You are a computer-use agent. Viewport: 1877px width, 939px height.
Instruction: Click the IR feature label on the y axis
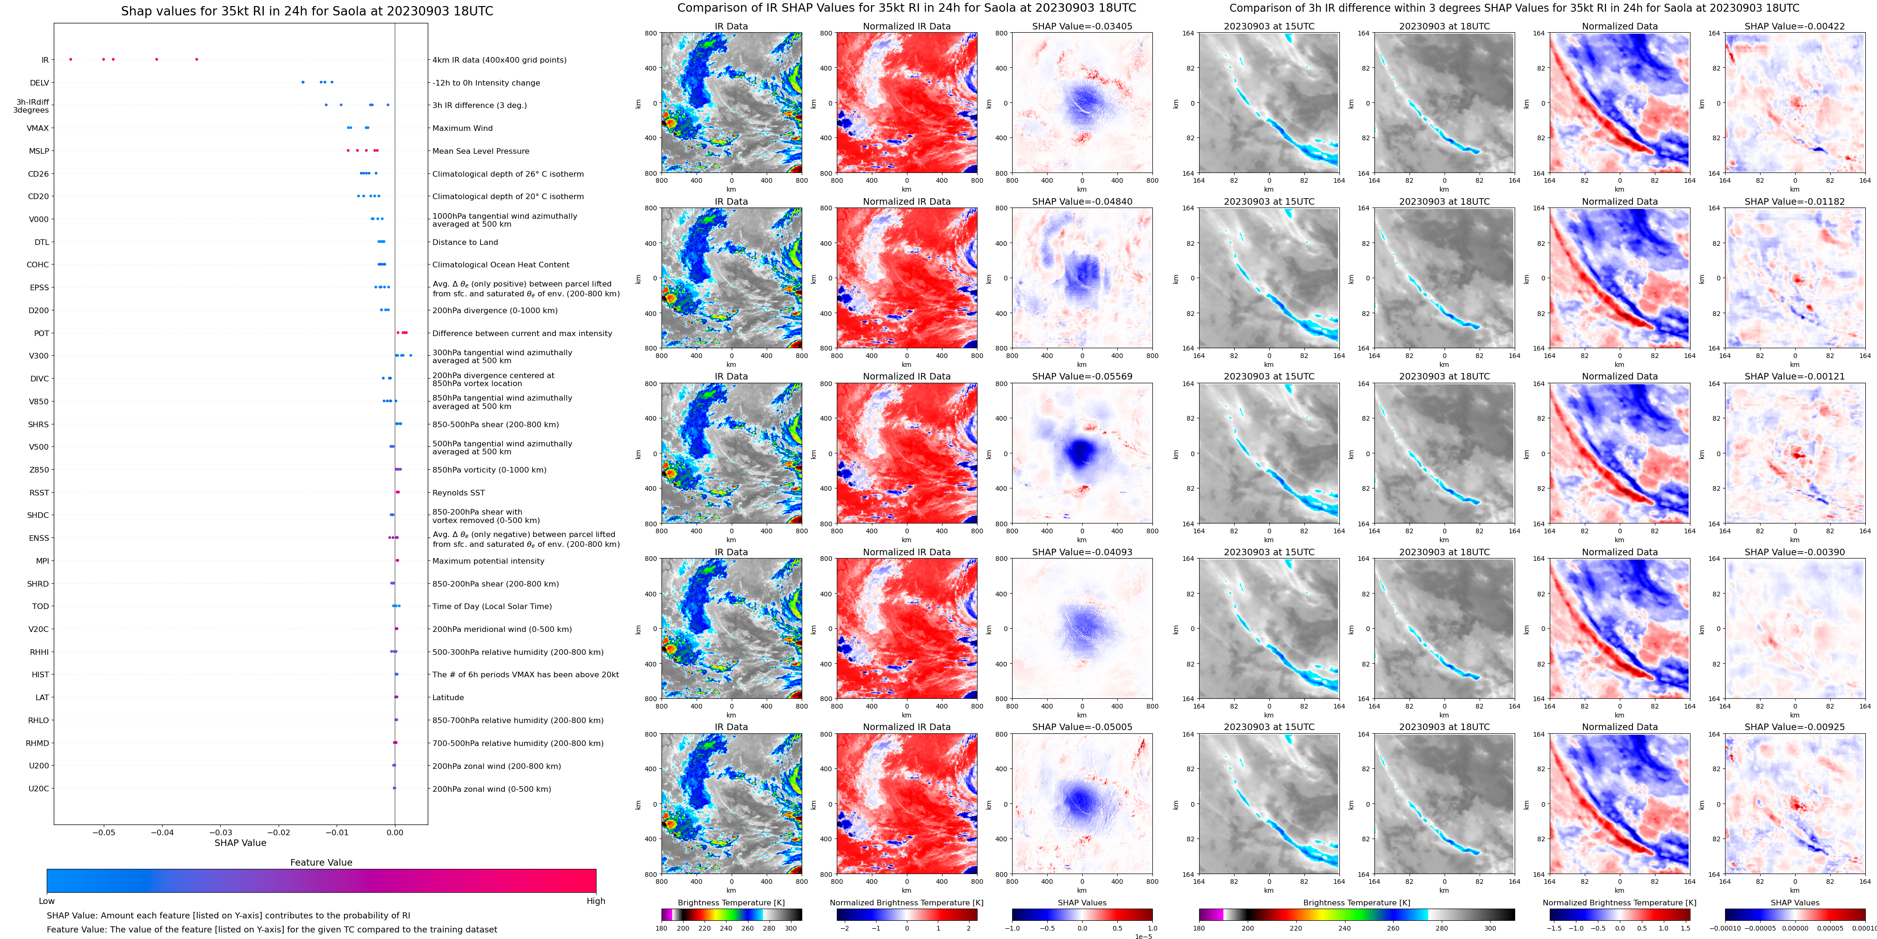coord(44,60)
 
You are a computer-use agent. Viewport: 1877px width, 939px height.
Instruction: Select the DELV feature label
coord(39,83)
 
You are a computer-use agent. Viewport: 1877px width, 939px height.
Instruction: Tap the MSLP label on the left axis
coord(39,151)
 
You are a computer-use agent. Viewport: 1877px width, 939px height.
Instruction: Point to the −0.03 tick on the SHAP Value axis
coord(220,832)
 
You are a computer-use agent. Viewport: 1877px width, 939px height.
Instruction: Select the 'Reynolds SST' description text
coord(458,493)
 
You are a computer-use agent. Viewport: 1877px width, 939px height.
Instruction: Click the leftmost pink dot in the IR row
coord(71,59)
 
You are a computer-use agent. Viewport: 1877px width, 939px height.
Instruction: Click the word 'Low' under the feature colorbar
coord(47,901)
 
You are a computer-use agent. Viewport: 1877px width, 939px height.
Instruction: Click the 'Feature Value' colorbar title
coord(321,862)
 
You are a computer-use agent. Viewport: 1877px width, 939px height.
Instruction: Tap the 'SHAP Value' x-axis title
coord(240,843)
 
